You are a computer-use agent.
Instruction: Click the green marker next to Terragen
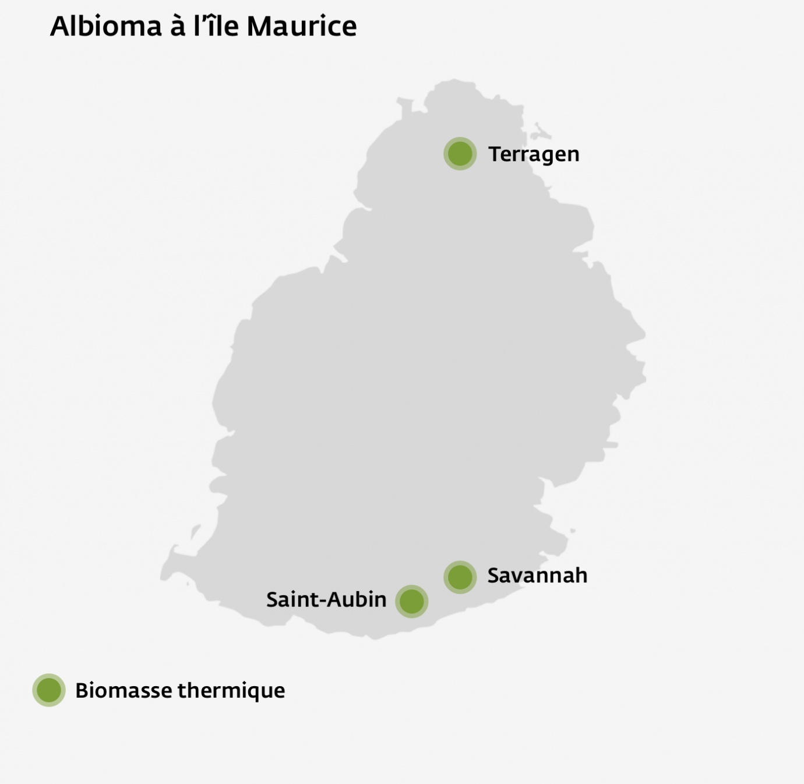[460, 154]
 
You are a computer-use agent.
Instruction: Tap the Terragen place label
[534, 154]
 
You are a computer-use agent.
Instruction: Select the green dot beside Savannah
[460, 577]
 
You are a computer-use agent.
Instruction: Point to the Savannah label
[537, 575]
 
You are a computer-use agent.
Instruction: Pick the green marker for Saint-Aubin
[412, 601]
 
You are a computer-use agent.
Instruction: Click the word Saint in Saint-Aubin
[289, 599]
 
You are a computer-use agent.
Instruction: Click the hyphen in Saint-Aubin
[319, 601]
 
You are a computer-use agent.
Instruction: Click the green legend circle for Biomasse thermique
[49, 690]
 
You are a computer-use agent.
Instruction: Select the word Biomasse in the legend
[124, 690]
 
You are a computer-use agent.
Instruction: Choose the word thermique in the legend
[231, 691]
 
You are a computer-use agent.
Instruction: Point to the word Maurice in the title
[301, 26]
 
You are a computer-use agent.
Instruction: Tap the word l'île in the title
[216, 26]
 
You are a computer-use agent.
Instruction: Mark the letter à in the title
[178, 26]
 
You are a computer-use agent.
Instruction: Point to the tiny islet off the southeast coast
[573, 531]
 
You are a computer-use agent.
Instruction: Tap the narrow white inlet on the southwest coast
[194, 531]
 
